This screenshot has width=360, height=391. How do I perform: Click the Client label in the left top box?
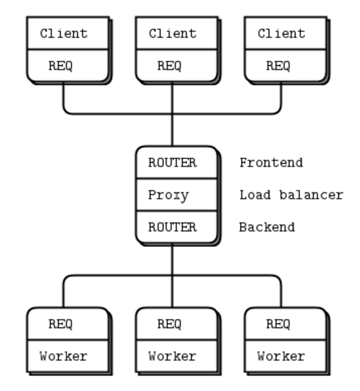[x=64, y=34]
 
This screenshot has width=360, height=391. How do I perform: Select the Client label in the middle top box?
[x=173, y=34]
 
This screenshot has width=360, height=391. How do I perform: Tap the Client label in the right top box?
[x=281, y=34]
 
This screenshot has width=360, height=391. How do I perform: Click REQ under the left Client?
[x=60, y=66]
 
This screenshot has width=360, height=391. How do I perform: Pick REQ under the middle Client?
[x=169, y=66]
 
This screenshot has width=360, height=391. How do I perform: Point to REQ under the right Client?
[x=278, y=66]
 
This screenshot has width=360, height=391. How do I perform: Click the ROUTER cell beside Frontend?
[x=173, y=163]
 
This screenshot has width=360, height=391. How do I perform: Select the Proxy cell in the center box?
[x=168, y=195]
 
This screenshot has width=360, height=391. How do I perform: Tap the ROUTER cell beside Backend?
[x=173, y=227]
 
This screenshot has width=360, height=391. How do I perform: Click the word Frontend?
[x=271, y=163]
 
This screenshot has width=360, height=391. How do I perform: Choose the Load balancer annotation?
[x=291, y=195]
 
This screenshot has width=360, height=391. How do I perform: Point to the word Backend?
[x=267, y=227]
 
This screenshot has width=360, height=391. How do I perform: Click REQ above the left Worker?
[x=60, y=324]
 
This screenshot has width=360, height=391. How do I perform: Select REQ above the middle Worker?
[x=169, y=324]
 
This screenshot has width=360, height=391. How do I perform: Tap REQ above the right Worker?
[x=278, y=324]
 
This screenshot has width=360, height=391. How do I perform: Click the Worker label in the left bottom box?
[x=64, y=356]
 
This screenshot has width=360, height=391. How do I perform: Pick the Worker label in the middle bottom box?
[x=173, y=356]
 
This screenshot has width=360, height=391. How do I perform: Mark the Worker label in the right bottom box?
[x=281, y=356]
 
